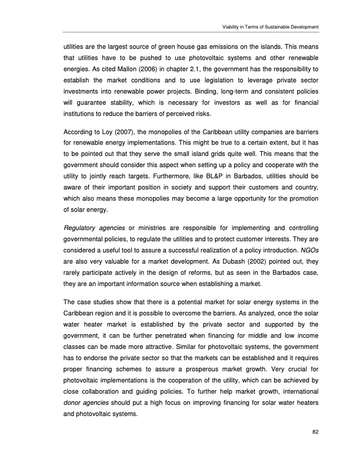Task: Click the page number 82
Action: pyautogui.click(x=315, y=434)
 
